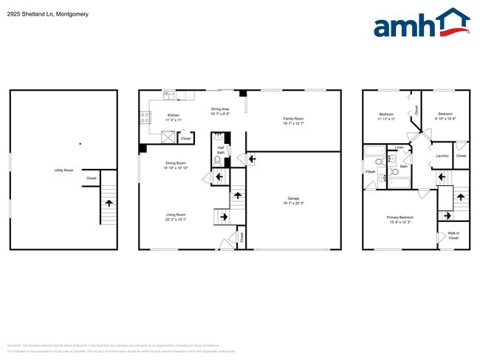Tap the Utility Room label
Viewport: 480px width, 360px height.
pos(64,170)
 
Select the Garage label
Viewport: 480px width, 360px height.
pos(293,198)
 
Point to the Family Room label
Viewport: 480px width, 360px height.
pos(293,117)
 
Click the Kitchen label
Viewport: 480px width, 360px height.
pos(173,115)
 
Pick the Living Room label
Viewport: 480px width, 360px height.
pos(175,215)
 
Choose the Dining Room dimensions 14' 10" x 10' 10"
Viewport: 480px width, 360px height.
pos(176,168)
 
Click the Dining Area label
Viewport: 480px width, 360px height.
pos(220,109)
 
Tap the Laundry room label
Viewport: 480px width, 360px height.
pos(442,156)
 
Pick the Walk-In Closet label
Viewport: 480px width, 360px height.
pos(453,235)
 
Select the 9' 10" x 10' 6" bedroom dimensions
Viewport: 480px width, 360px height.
pos(445,119)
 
